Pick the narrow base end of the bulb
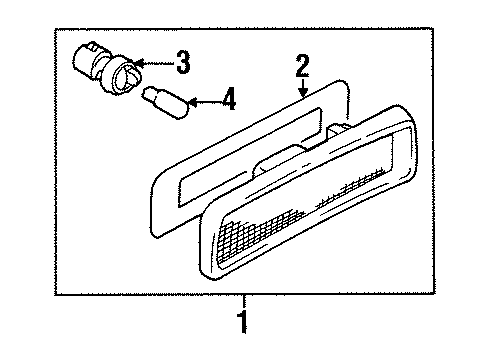pyautogui.click(x=151, y=95)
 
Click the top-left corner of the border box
pyautogui.click(x=56, y=29)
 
